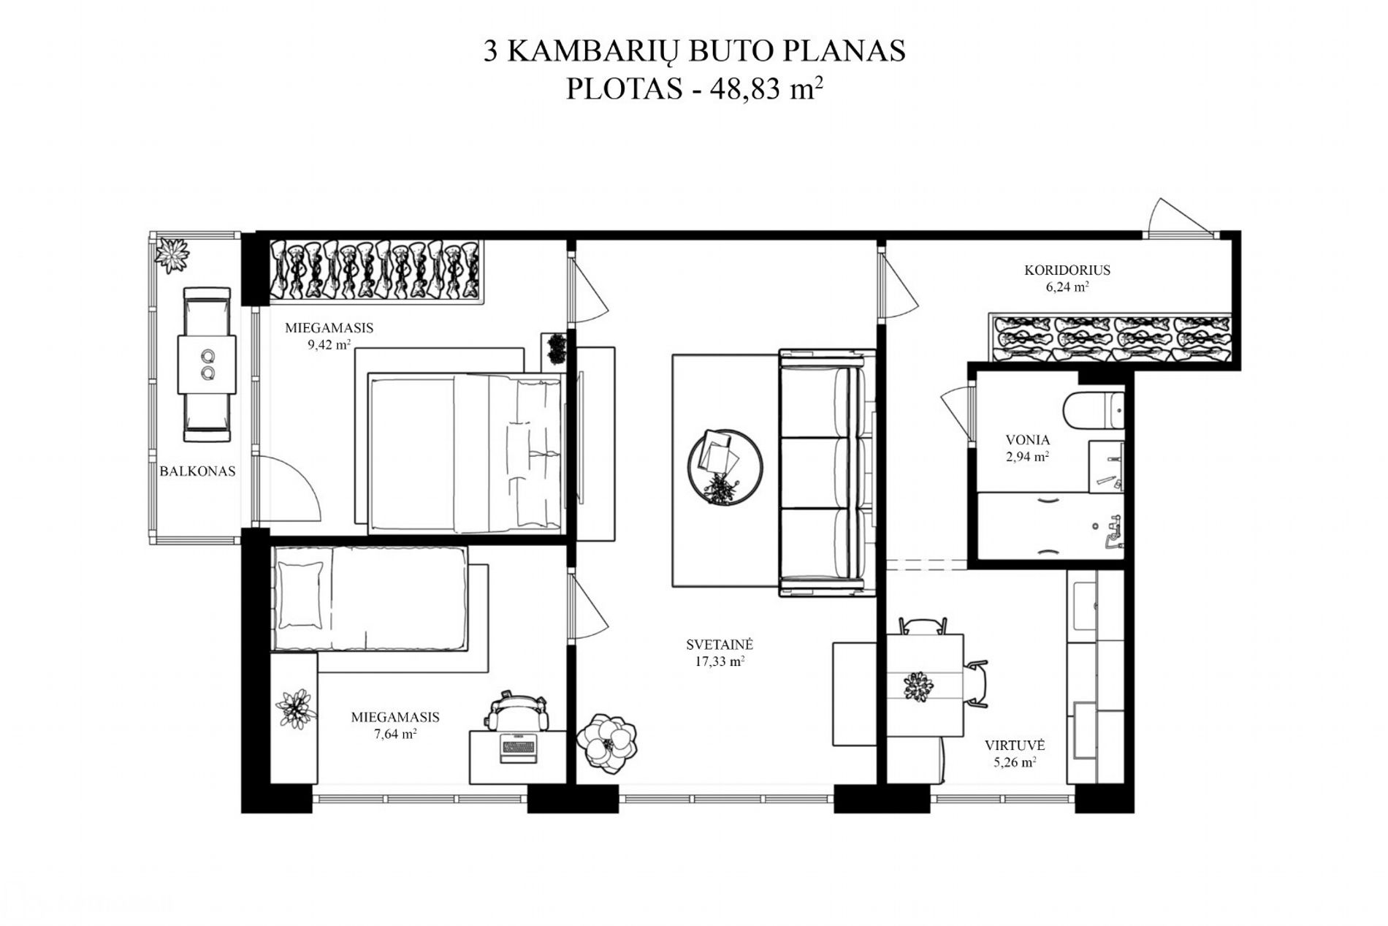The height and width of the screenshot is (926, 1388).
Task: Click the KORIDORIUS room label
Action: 1067,270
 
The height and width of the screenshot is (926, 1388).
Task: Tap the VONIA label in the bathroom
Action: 1028,440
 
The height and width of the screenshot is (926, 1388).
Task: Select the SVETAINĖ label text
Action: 720,645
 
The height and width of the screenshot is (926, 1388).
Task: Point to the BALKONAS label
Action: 197,471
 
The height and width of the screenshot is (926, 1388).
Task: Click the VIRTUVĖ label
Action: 1015,746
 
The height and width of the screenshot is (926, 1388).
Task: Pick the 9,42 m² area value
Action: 329,344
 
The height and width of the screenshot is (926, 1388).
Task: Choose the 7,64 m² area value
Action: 395,734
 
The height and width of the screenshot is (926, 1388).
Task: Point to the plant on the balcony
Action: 172,252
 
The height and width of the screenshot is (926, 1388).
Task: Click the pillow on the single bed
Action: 300,594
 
